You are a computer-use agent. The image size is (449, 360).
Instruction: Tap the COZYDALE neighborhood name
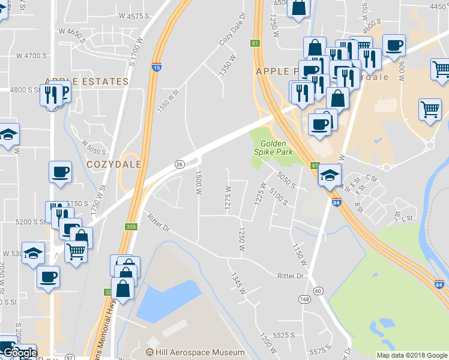[x=114, y=164]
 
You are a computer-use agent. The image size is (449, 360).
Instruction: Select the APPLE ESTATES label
[x=86, y=81]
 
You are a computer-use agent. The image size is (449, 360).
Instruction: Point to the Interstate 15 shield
[x=156, y=67]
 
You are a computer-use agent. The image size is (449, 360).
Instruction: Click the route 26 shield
[x=179, y=164]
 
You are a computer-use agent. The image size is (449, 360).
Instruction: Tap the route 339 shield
[x=131, y=227]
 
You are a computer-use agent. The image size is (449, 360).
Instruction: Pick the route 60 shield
[x=318, y=290]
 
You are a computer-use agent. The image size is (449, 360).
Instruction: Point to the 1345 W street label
[x=238, y=283]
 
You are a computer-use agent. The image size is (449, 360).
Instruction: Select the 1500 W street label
[x=198, y=182]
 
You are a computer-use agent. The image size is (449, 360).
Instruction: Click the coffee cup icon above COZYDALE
[x=60, y=172]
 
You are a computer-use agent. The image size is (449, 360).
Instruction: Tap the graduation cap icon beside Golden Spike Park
[x=330, y=175]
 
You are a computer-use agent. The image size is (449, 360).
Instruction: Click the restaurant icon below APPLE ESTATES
[x=51, y=94]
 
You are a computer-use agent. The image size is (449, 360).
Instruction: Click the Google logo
[x=19, y=353]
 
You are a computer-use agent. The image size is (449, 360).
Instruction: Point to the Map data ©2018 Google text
[x=412, y=355]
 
